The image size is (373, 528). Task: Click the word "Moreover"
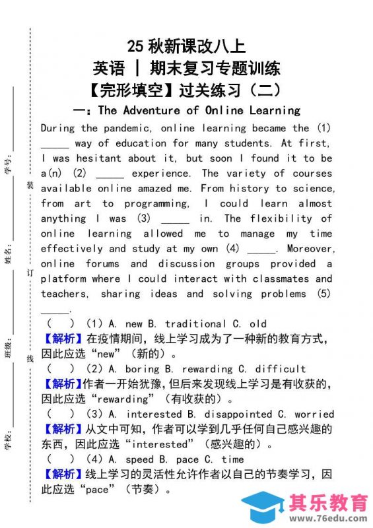click(310, 249)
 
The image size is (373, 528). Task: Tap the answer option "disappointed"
click(235, 414)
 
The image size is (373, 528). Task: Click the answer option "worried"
click(312, 414)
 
